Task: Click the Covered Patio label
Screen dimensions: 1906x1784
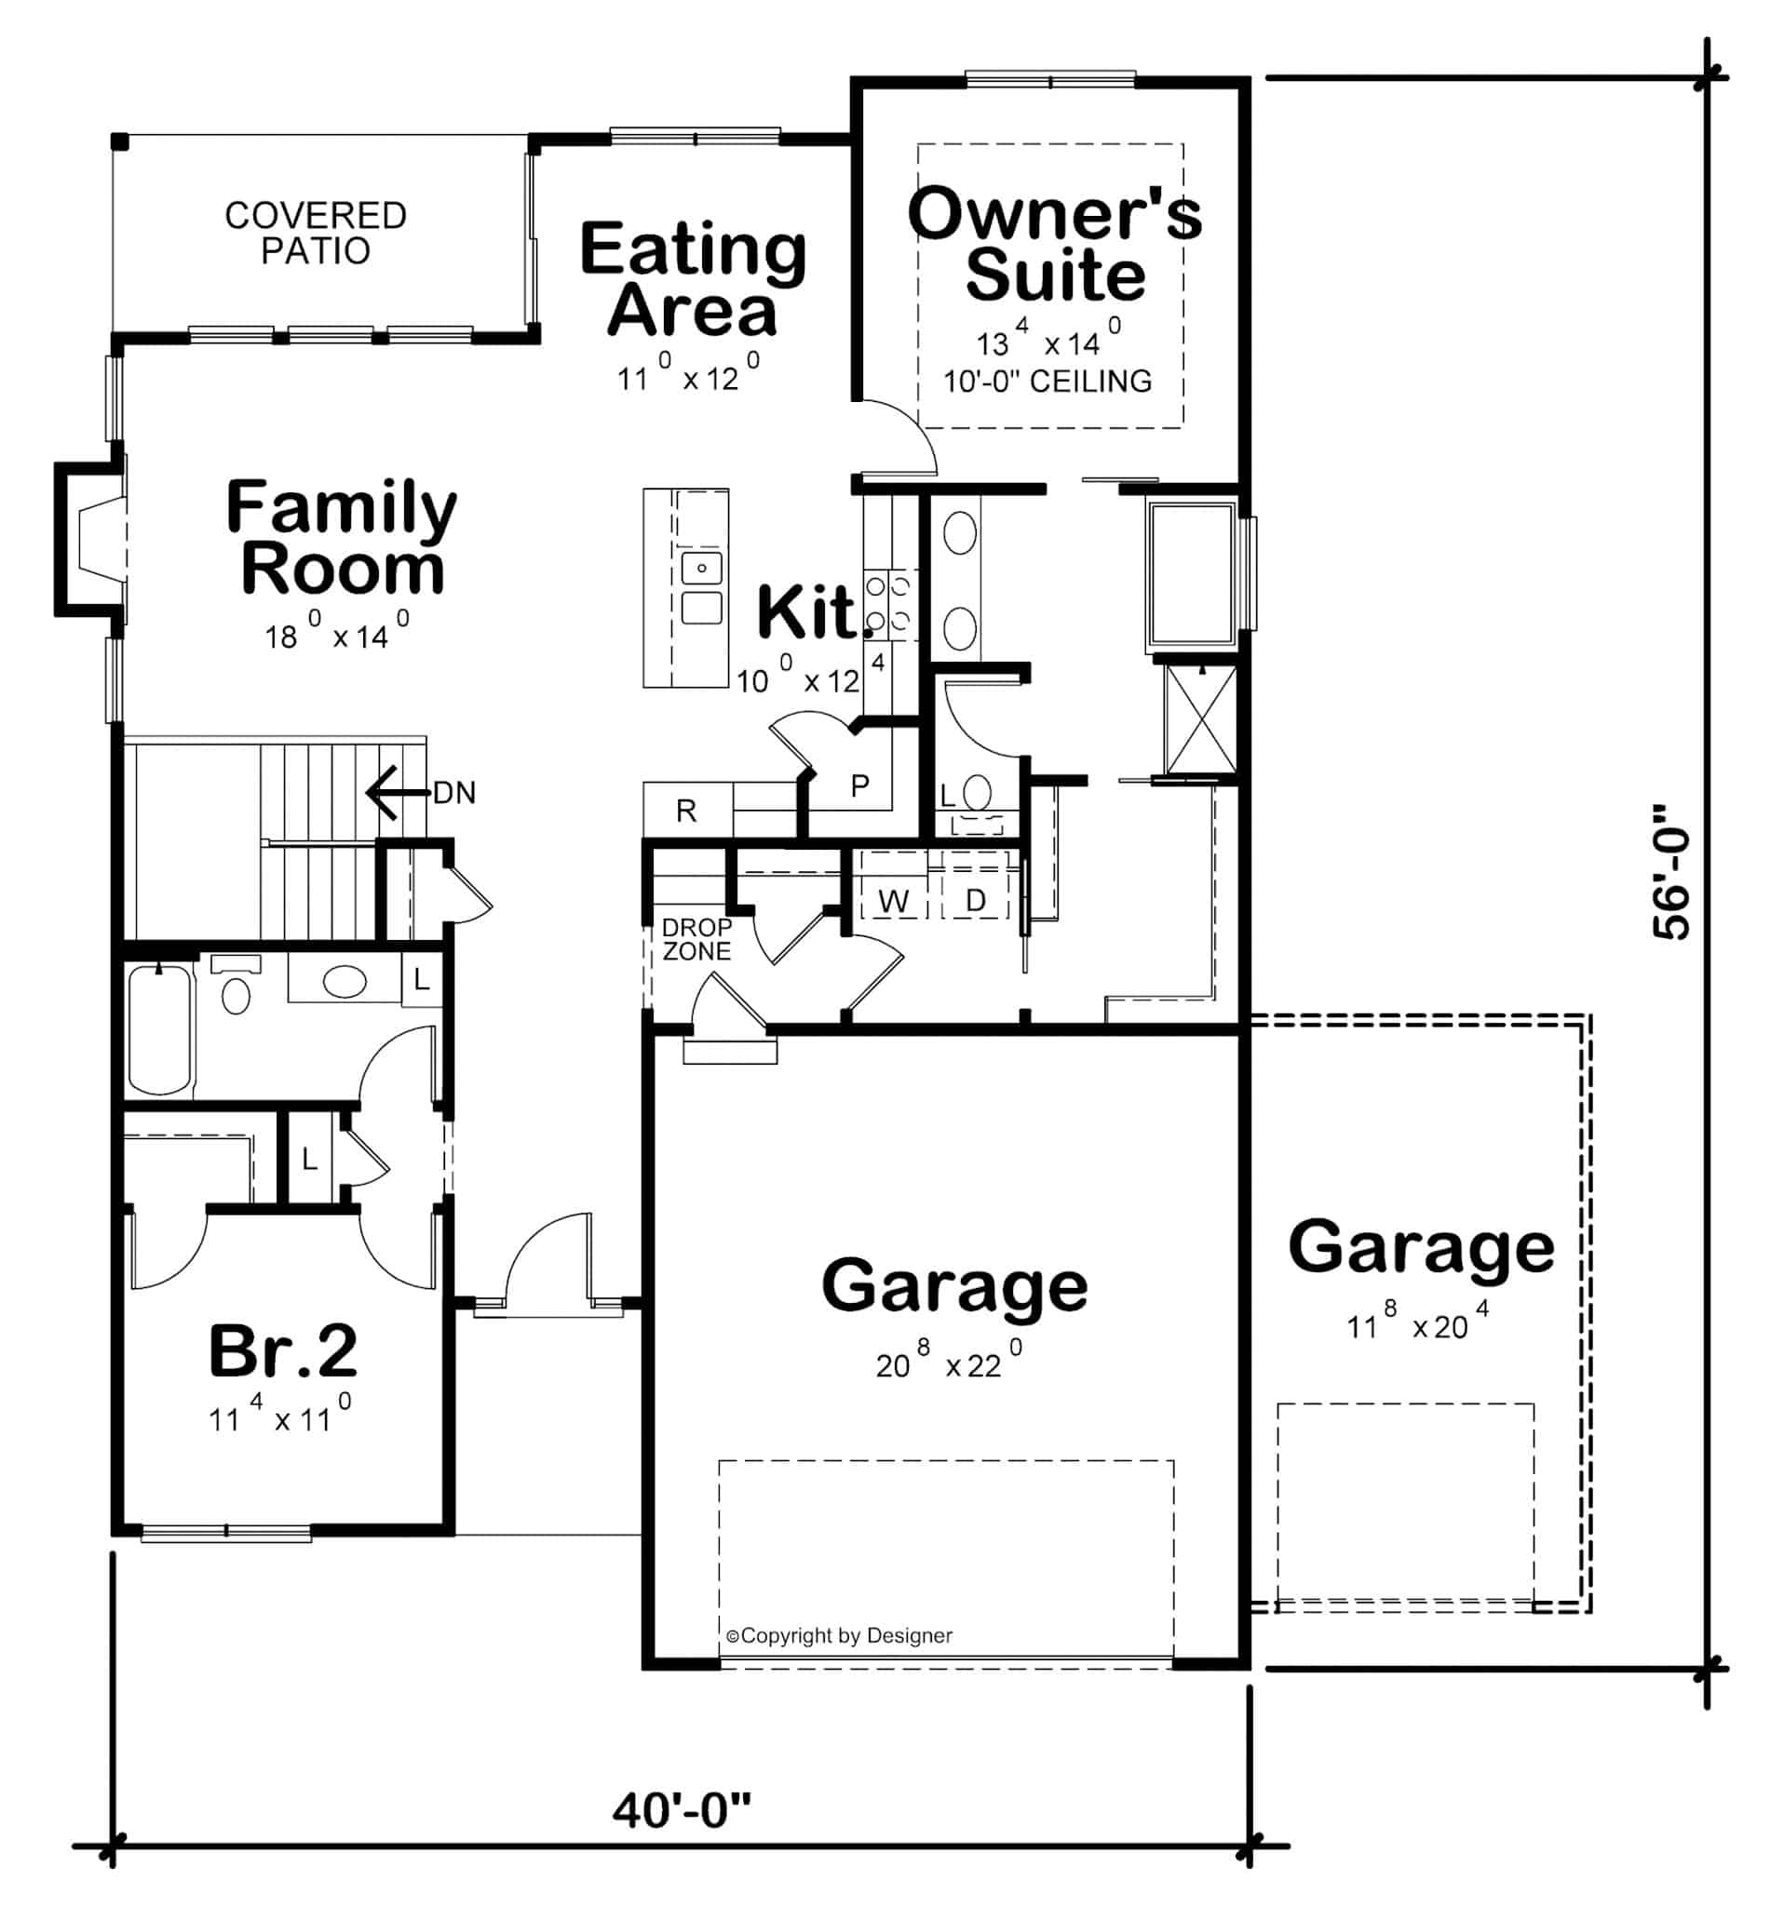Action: (316, 233)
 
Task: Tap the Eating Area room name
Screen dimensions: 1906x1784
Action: (693, 279)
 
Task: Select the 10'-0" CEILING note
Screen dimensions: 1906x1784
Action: (1047, 382)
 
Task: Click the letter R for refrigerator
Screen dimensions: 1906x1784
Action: (686, 812)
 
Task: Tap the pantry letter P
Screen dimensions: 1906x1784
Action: (859, 786)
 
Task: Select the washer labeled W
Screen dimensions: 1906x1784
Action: (893, 900)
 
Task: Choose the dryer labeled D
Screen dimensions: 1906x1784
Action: (976, 900)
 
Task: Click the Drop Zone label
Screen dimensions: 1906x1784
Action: (696, 940)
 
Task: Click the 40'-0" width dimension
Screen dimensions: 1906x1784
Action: (681, 1810)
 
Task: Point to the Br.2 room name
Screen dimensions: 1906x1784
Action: (283, 1351)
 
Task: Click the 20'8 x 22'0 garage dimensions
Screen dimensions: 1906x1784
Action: (948, 1362)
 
